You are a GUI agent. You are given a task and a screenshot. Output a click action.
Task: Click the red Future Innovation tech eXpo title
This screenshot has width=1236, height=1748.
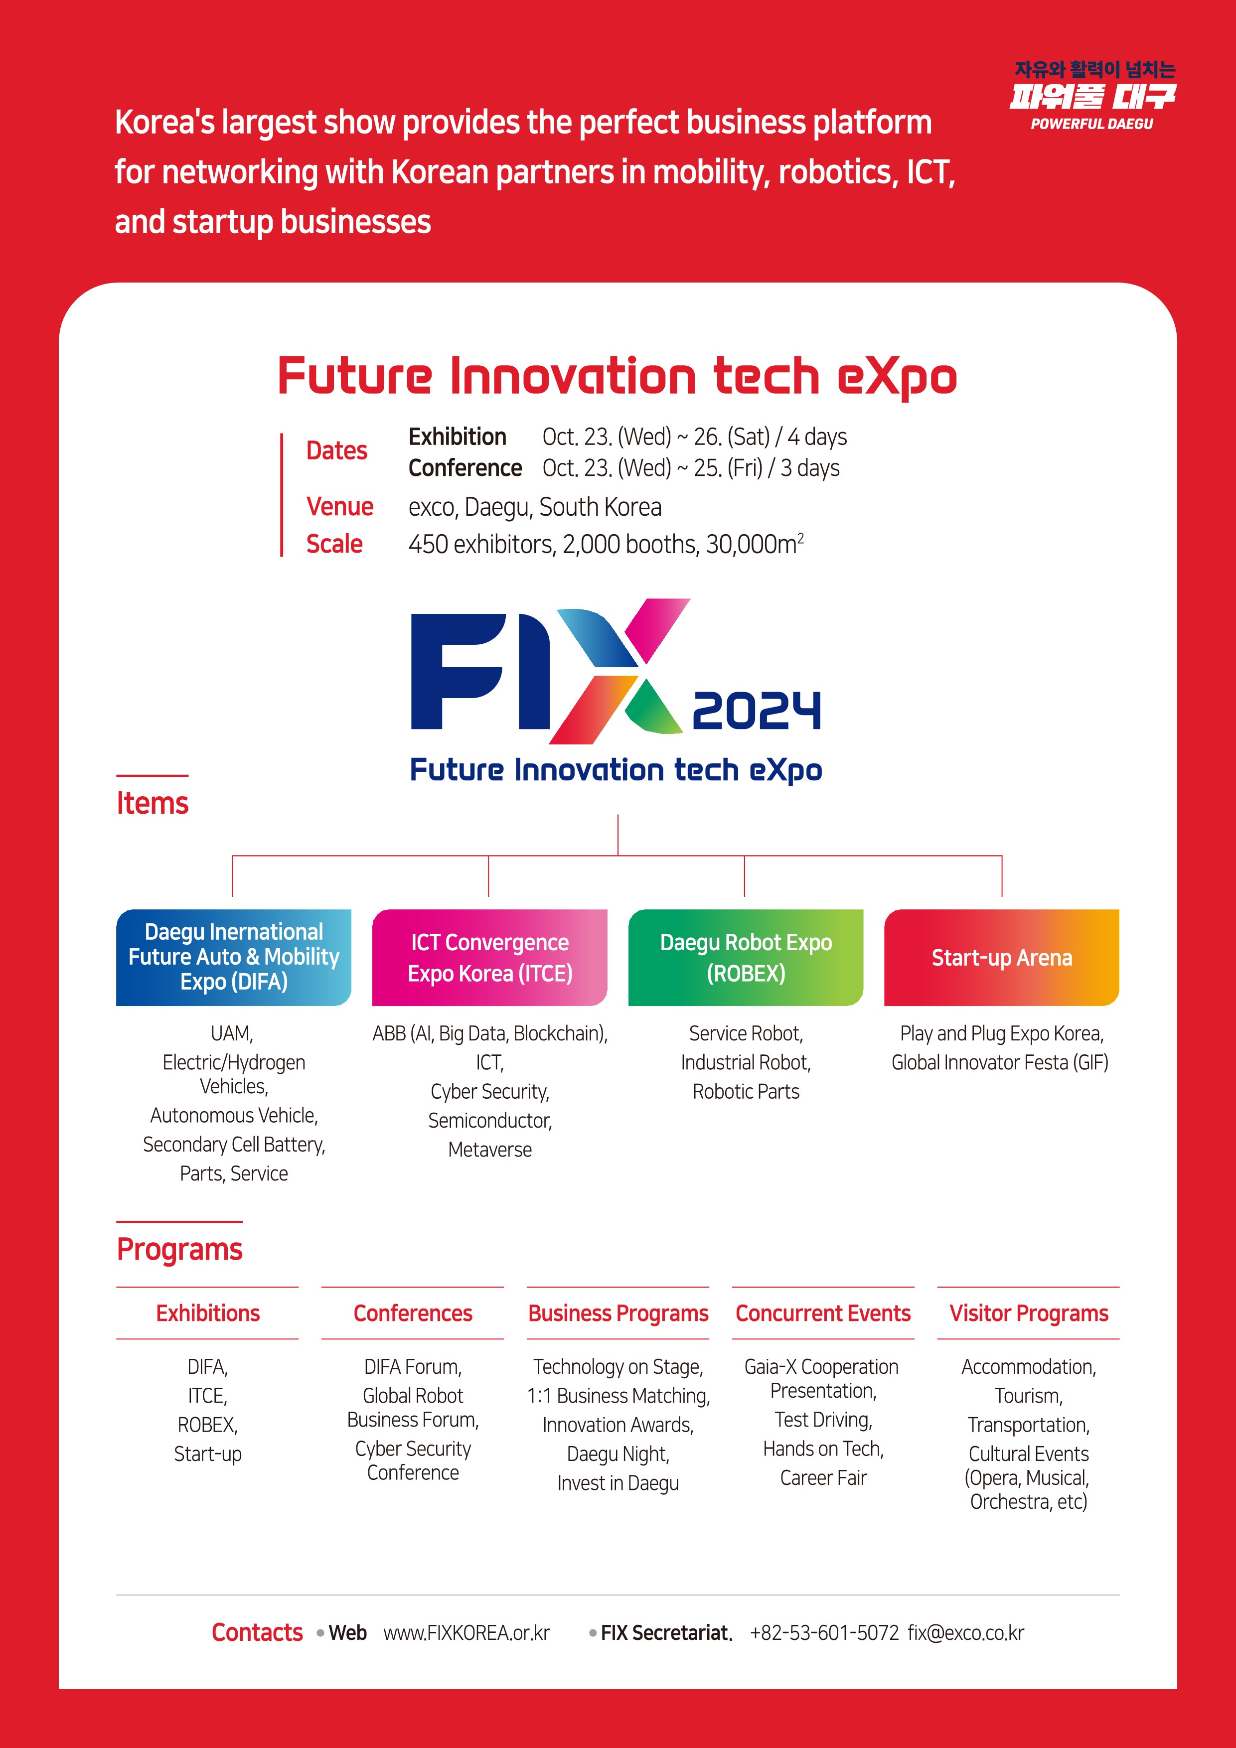[x=617, y=377]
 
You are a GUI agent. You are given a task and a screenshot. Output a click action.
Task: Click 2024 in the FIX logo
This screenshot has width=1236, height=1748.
[x=756, y=711]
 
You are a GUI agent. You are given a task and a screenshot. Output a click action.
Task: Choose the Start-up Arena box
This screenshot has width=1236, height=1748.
[x=1001, y=957]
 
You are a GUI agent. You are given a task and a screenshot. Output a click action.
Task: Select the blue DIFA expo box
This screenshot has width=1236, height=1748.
[x=233, y=957]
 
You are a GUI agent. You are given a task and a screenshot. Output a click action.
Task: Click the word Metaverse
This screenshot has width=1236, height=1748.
[x=490, y=1150]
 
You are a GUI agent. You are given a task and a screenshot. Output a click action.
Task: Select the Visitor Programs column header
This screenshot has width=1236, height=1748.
[x=1028, y=1313]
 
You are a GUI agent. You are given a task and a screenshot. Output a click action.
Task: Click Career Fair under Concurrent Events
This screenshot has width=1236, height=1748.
[x=823, y=1478]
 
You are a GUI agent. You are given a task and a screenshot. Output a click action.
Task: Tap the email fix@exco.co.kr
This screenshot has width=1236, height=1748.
[x=966, y=1633]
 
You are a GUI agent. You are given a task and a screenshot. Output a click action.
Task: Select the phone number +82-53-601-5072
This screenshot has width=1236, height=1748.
[x=824, y=1633]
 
